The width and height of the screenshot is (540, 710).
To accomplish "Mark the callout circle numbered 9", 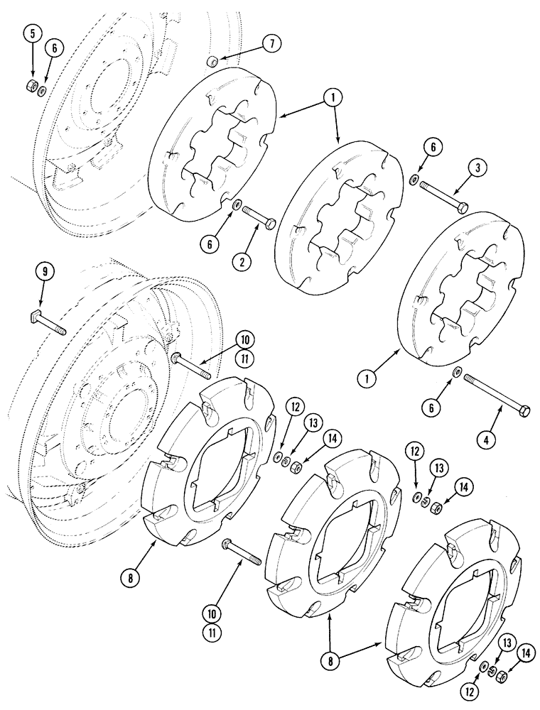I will point(44,271).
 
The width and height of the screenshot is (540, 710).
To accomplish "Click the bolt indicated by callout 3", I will point(443,196).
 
